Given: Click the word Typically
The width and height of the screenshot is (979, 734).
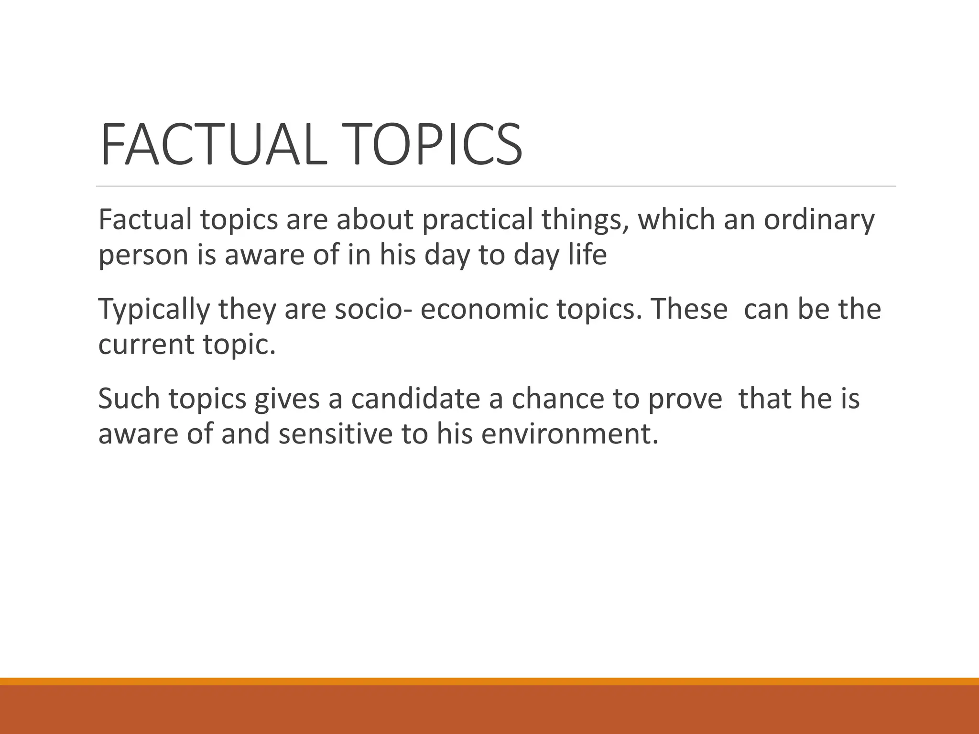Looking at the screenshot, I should pos(154,310).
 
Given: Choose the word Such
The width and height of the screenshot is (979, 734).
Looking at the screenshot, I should pos(129,399).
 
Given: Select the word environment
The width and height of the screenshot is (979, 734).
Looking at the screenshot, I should pos(569,434).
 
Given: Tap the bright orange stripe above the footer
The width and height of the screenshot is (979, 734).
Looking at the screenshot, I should pos(489,681).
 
